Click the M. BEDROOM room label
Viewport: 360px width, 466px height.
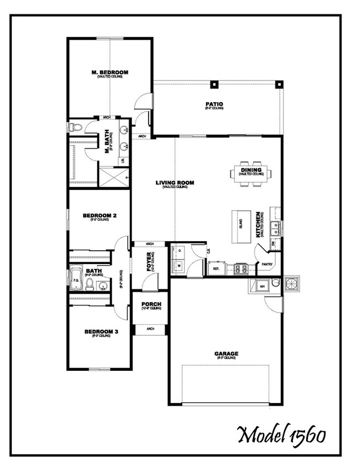(x=110, y=73)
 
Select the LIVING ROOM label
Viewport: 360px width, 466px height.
(x=175, y=183)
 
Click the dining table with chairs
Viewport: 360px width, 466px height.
(x=252, y=173)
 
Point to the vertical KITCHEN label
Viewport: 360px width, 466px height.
(x=258, y=224)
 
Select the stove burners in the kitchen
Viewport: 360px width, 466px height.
(x=241, y=268)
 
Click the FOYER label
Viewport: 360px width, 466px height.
(x=149, y=260)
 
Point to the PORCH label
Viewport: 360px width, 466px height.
(x=151, y=304)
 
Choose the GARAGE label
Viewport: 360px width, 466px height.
(x=226, y=354)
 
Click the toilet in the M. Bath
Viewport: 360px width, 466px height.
(x=75, y=128)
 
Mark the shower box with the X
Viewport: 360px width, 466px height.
(x=114, y=177)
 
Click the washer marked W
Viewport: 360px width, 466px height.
(x=179, y=266)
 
